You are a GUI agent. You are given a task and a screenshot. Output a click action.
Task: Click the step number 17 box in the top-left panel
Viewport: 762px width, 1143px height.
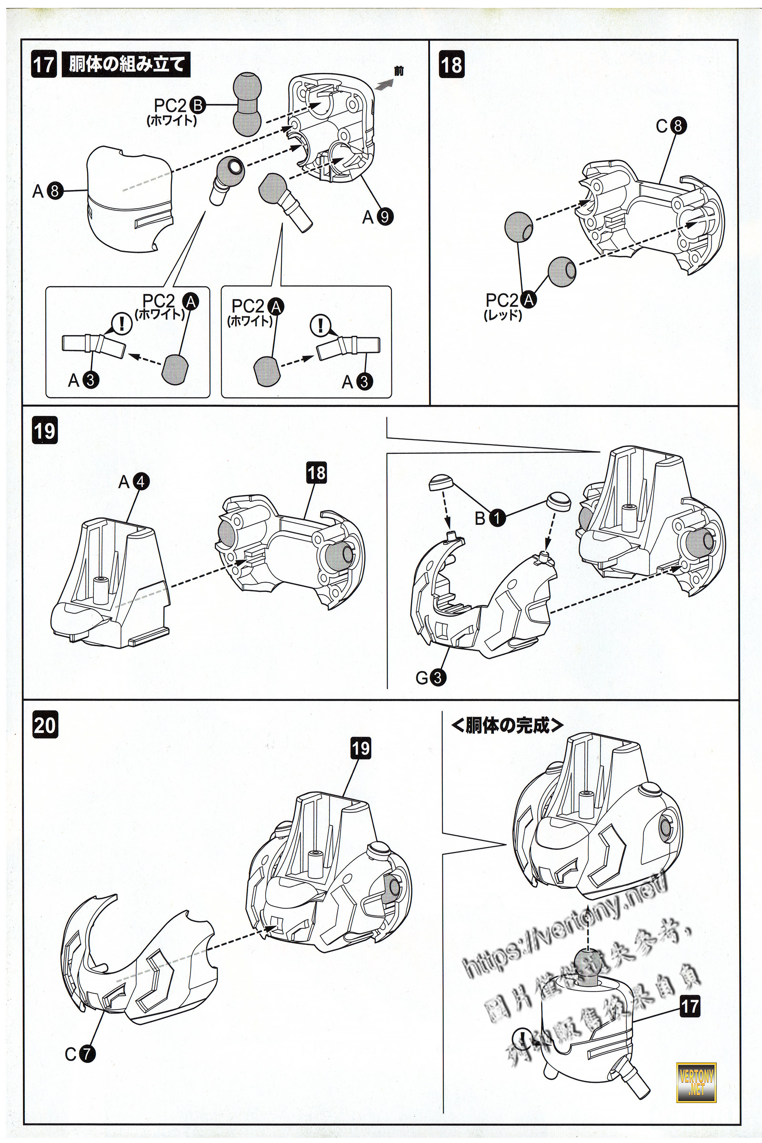point(44,65)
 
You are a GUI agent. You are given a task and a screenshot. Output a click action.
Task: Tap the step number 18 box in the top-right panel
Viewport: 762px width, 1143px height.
point(451,65)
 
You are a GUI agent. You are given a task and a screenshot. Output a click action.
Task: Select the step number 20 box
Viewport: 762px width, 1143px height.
point(45,724)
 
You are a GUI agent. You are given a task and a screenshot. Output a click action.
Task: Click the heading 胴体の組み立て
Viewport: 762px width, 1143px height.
point(126,65)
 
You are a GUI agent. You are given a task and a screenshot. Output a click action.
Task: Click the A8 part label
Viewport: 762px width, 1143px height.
point(48,191)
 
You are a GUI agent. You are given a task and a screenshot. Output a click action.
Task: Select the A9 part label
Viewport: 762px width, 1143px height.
point(378,217)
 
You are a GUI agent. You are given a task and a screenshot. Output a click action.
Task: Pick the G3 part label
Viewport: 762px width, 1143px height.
point(431,677)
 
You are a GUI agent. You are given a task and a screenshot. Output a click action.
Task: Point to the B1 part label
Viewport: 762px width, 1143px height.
point(490,519)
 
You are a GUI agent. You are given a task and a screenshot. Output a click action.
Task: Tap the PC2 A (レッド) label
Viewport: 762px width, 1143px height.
point(509,306)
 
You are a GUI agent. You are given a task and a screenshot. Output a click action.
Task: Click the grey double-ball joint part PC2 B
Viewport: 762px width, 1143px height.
point(247,104)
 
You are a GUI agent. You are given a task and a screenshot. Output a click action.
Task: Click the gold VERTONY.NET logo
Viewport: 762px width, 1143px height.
point(696,1082)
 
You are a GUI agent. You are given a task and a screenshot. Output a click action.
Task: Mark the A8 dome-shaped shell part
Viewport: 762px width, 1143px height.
point(129,199)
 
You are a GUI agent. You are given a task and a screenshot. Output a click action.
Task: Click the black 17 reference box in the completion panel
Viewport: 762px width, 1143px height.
point(690,1006)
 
